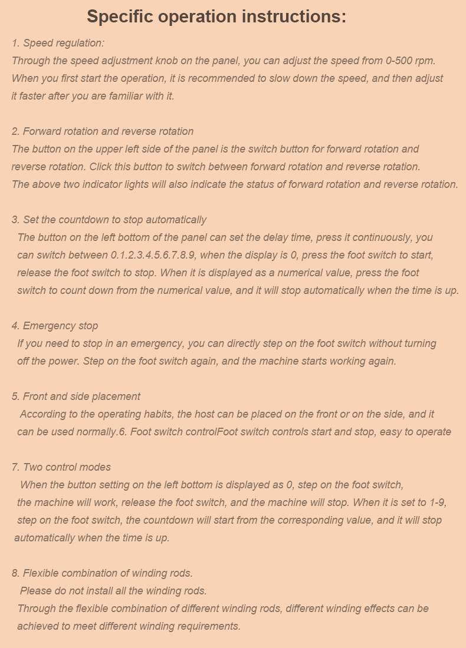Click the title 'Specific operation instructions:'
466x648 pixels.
click(x=216, y=16)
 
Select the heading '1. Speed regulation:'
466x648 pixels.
click(x=58, y=43)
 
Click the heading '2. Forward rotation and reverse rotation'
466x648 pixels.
click(x=103, y=131)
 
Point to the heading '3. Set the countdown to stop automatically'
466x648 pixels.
click(x=109, y=220)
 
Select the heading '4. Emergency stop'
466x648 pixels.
click(x=55, y=326)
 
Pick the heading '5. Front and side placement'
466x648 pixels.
click(x=76, y=396)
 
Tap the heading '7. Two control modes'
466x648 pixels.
click(x=61, y=467)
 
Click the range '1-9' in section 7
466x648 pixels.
click(x=438, y=502)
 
